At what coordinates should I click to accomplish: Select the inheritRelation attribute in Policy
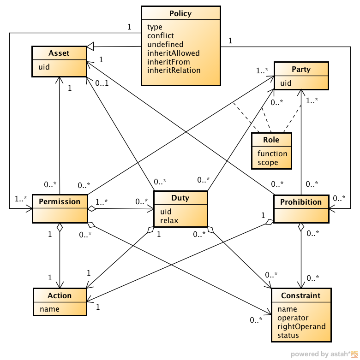coord(174,70)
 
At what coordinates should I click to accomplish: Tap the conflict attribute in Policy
coord(161,35)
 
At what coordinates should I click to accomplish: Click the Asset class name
coord(59,53)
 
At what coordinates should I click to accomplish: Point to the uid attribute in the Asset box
coord(44,67)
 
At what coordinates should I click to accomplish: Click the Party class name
coord(301,69)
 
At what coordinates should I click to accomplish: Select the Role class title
coord(271,140)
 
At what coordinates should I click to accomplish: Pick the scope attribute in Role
coord(268,162)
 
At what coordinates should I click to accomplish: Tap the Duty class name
coord(180,198)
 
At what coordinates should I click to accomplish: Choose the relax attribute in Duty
coord(169,220)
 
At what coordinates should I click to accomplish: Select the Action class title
coord(60,295)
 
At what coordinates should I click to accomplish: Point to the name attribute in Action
coord(49,309)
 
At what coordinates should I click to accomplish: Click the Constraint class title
coord(301,295)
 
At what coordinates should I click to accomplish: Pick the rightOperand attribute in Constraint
coord(301,326)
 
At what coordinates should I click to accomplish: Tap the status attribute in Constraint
coord(288,335)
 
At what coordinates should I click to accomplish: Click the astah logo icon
coord(354,354)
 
